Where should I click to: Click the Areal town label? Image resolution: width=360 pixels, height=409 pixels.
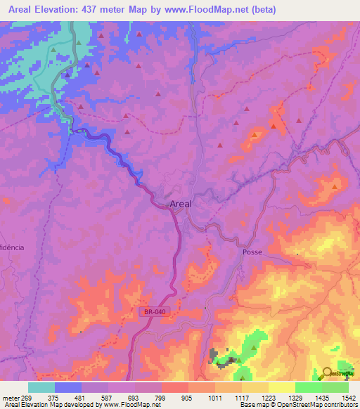point(181,204)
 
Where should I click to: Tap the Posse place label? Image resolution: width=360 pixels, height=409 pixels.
point(252,251)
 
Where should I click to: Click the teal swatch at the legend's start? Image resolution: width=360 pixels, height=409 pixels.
point(41,387)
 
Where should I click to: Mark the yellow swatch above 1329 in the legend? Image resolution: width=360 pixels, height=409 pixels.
point(282,387)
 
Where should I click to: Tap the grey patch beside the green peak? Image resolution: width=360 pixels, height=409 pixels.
point(214,353)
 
